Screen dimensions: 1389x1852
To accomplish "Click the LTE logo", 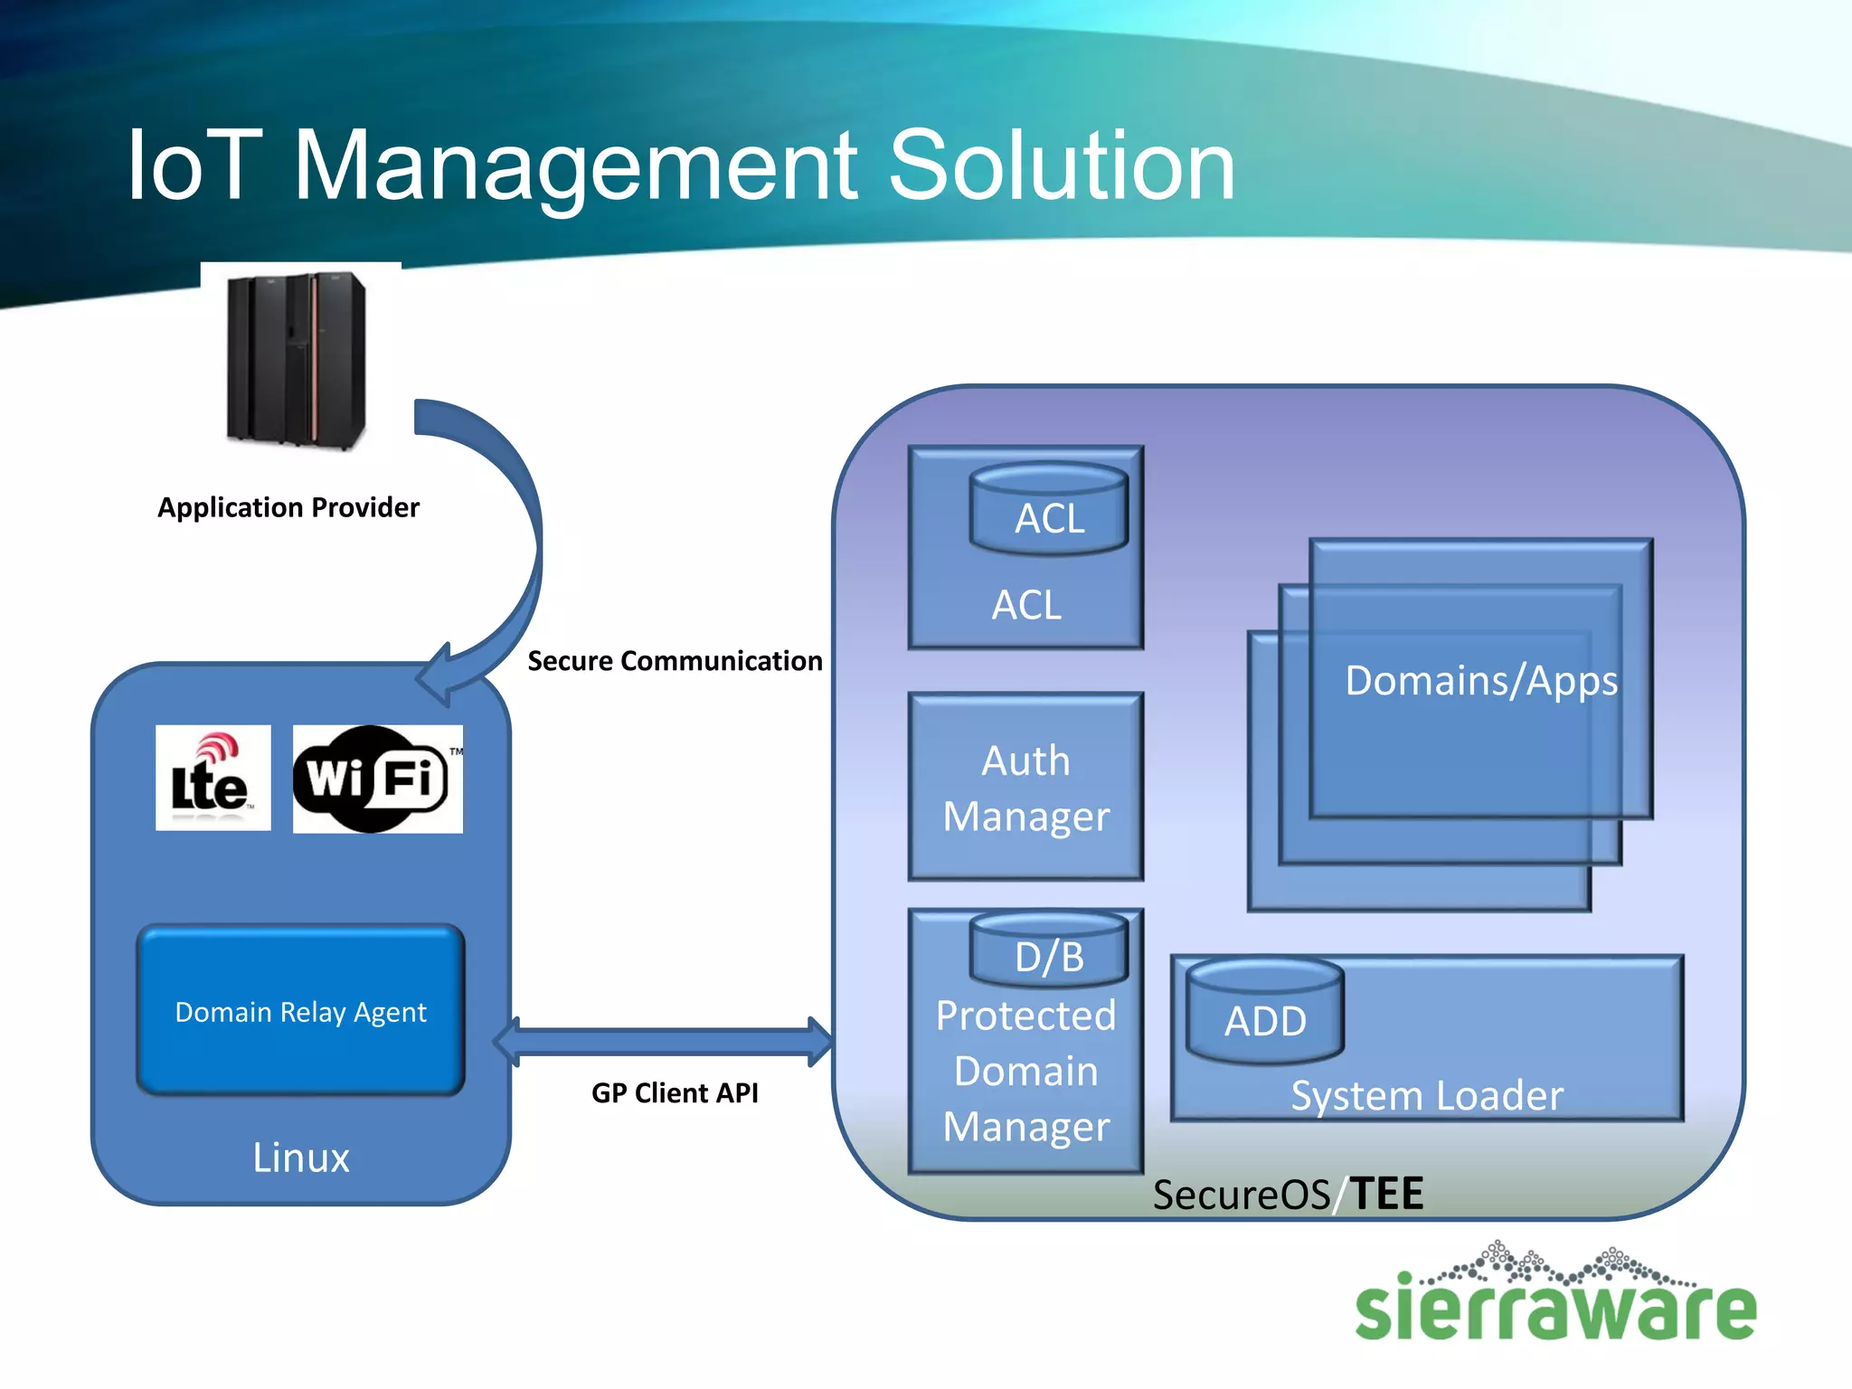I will pyautogui.click(x=213, y=778).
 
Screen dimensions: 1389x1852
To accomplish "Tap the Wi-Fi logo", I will pyautogui.click(x=377, y=779).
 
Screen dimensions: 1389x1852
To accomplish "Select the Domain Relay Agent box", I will pyautogui.click(x=300, y=1010).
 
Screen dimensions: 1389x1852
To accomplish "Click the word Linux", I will pyautogui.click(x=300, y=1157).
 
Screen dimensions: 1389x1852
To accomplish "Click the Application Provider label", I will pyautogui.click(x=288, y=507).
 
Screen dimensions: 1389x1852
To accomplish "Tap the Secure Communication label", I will pyautogui.click(x=675, y=661).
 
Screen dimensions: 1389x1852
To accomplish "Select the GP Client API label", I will pyautogui.click(x=675, y=1092).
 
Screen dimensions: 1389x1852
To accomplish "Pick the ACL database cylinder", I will pyautogui.click(x=1049, y=509).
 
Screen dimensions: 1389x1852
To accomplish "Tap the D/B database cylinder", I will pyautogui.click(x=1049, y=950).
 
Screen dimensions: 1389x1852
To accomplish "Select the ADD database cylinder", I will pyautogui.click(x=1264, y=1011).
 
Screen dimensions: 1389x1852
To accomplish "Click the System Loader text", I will pyautogui.click(x=1426, y=1095).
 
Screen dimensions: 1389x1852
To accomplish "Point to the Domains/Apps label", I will pyautogui.click(x=1480, y=680).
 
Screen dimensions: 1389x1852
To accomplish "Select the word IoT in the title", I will pyautogui.click(x=194, y=165).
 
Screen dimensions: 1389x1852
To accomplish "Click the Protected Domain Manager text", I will pyautogui.click(x=1025, y=1071).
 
